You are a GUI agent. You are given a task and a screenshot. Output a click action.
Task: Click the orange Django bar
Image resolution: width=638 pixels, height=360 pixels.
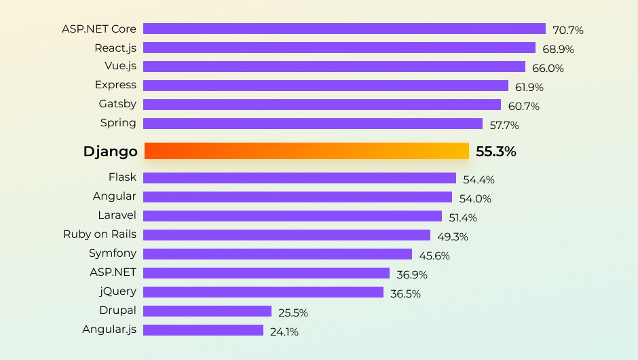pos(307,151)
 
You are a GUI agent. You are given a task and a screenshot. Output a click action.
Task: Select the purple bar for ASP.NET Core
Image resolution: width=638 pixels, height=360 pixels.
pos(344,29)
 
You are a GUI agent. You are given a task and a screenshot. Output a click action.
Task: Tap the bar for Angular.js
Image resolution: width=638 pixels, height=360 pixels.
pos(203,330)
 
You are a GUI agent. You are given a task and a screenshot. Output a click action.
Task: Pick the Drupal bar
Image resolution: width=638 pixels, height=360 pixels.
pos(207,311)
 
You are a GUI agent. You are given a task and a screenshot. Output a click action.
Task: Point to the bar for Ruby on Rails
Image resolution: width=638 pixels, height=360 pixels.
pos(286,235)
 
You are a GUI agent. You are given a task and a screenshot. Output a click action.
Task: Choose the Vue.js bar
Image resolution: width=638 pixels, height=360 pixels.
pos(334,67)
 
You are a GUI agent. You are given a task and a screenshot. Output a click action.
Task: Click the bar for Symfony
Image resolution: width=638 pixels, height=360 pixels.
pos(278,254)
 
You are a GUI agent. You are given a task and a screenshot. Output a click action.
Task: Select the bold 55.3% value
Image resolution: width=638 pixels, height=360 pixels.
pos(495,151)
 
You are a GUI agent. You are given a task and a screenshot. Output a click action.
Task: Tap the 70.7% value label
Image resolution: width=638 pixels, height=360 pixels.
pos(568,30)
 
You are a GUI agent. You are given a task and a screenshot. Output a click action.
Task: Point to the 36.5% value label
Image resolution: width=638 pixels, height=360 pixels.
pos(405,294)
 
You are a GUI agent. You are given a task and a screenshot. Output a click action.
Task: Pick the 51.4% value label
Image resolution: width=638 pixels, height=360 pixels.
pos(462,218)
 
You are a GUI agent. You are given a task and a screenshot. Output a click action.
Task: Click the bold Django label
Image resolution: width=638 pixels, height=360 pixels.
pos(110,151)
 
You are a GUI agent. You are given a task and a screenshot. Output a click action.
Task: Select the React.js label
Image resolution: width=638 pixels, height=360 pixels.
pos(115,48)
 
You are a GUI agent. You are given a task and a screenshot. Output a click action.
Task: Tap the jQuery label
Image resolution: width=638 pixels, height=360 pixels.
pos(117,291)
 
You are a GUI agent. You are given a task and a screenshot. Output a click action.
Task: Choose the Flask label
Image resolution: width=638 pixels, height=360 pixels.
pos(122,177)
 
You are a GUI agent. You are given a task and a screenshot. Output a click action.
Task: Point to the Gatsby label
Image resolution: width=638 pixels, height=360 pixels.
pos(117,104)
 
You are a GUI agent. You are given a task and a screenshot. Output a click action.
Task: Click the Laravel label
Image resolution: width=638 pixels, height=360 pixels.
pos(117,215)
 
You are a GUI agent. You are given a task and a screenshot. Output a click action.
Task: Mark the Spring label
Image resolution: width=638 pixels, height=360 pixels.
pos(118,123)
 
